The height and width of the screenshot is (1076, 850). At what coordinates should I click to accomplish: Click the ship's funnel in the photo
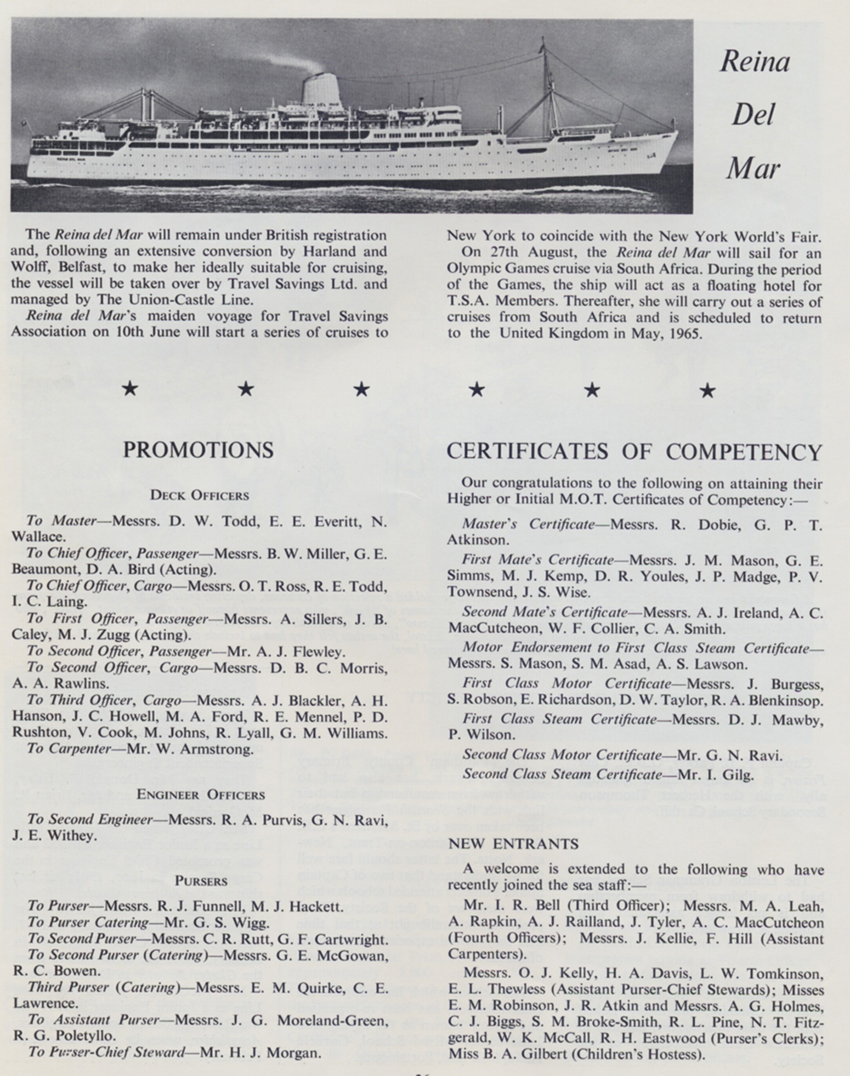point(324,90)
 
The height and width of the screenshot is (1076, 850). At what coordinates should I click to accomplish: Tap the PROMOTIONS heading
point(198,451)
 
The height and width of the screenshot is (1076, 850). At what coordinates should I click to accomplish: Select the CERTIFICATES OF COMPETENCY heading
point(634,451)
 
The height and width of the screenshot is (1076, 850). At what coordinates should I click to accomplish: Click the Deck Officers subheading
point(199,495)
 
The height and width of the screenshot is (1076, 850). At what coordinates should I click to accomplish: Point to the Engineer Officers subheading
point(199,795)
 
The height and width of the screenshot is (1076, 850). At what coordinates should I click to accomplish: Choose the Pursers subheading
point(199,881)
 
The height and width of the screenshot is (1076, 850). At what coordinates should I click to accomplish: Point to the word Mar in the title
point(754,168)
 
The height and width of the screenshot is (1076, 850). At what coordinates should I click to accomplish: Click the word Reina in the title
point(754,62)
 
